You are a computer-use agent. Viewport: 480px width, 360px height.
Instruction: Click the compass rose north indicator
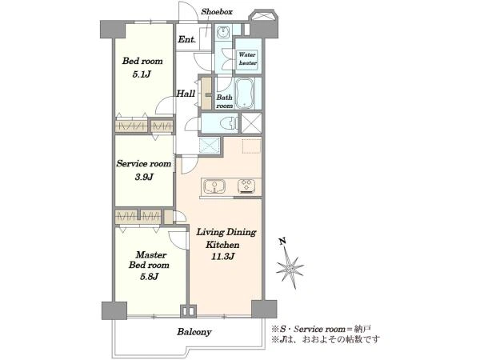tap(290, 263)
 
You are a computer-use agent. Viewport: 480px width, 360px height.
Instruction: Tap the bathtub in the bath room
tap(244, 93)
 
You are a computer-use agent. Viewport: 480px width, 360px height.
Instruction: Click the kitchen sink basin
tap(215, 186)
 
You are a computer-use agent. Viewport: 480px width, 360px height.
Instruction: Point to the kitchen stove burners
tap(248, 186)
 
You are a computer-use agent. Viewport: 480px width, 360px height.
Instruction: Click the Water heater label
tap(247, 58)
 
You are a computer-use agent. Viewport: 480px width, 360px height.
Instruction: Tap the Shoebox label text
tap(217, 12)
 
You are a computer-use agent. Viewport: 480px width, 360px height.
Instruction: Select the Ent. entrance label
tap(186, 39)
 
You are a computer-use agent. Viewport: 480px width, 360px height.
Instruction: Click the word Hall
tap(186, 94)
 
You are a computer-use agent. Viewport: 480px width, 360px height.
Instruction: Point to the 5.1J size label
tap(142, 74)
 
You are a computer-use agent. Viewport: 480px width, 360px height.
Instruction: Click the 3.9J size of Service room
tap(143, 177)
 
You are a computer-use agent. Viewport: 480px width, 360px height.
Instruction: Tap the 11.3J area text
tap(223, 257)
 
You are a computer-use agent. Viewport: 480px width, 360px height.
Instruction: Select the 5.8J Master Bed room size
tap(149, 277)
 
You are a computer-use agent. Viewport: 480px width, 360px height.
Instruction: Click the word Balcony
tap(194, 332)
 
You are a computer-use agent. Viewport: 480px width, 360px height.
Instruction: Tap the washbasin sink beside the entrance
tap(223, 32)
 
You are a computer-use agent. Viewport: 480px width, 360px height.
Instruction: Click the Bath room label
tap(224, 102)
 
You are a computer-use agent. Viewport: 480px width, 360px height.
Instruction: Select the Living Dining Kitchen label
tap(226, 238)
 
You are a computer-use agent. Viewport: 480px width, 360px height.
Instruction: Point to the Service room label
tap(143, 164)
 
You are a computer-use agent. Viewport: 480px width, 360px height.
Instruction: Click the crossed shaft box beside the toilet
tap(251, 123)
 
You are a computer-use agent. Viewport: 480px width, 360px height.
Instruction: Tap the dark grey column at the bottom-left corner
tap(114, 310)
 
